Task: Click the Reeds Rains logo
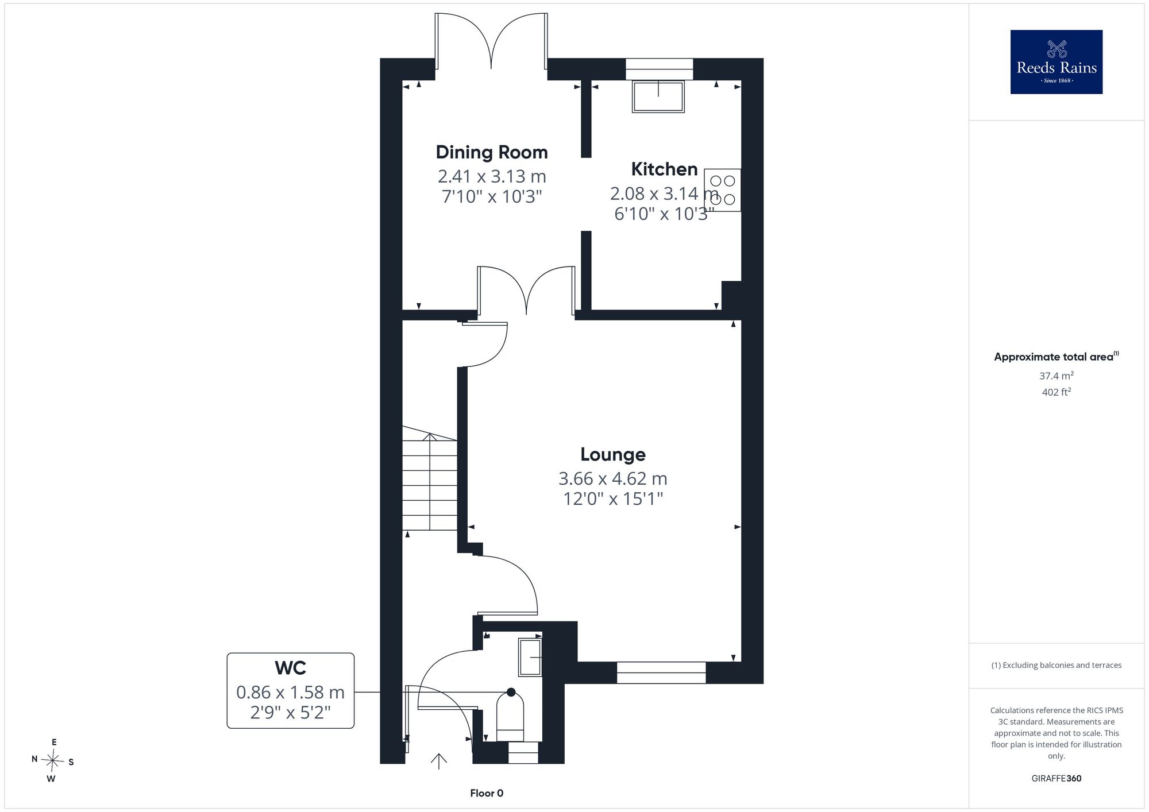(1057, 62)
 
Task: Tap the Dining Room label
(492, 152)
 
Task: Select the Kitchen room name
(664, 169)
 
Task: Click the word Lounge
(613, 454)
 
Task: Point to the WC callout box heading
(291, 668)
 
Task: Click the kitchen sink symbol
(658, 96)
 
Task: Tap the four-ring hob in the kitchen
(722, 190)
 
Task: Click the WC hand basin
(530, 656)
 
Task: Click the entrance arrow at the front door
(439, 761)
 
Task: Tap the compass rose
(53, 761)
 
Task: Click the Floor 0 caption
(487, 793)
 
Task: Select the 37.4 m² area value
(1057, 376)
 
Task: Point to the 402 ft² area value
(1057, 392)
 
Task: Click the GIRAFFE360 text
(1057, 779)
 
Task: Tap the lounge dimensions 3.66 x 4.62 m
(613, 478)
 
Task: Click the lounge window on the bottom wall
(661, 672)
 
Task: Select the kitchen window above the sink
(660, 69)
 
